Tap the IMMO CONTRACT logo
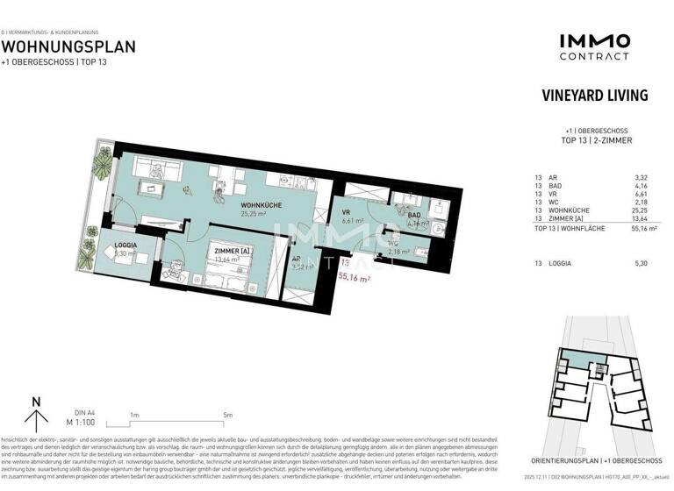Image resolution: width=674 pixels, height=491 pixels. point(594,46)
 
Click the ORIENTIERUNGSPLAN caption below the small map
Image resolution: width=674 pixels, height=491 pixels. point(594,459)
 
